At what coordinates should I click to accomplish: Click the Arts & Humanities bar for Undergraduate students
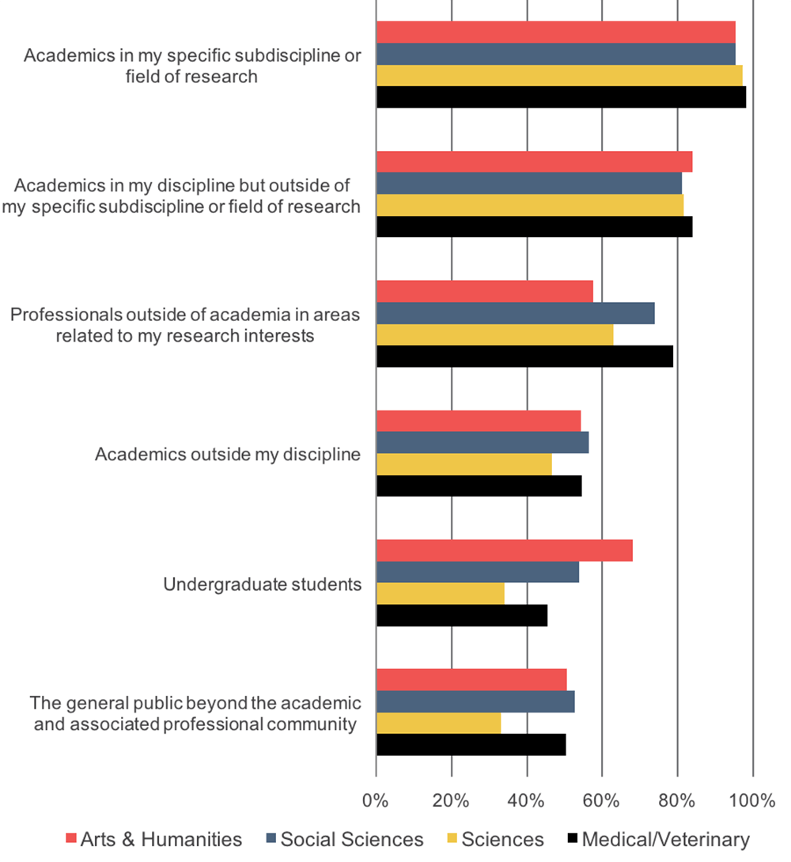point(504,550)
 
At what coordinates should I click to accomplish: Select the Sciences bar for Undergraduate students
point(440,593)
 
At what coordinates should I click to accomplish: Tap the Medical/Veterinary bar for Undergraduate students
point(461,615)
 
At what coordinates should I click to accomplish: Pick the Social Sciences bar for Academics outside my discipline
point(482,442)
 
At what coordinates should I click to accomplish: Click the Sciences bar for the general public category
point(438,723)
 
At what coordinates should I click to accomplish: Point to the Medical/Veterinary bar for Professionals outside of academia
point(524,356)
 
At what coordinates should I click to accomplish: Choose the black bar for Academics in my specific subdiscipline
point(561,96)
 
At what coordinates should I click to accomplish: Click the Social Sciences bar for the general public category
point(475,701)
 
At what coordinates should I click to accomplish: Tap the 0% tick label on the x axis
point(376,800)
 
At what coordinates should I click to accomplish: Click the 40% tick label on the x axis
point(527,800)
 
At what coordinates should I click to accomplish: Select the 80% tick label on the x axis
point(677,800)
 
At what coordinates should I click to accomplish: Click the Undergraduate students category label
point(263,584)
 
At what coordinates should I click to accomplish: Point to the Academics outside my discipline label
point(228,455)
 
